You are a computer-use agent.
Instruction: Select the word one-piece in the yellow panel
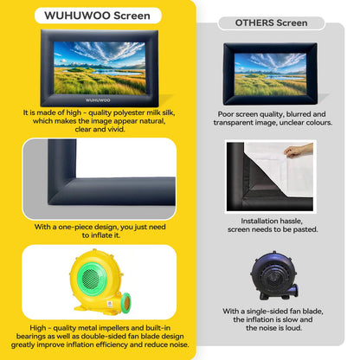coord(74,226)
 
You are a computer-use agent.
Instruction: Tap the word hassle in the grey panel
coord(292,221)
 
